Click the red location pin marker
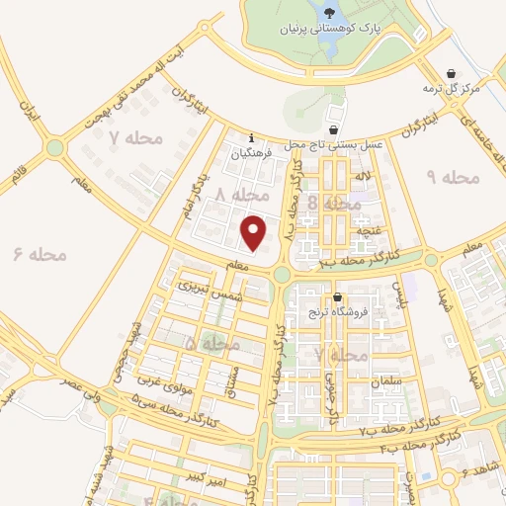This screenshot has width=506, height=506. [255, 232]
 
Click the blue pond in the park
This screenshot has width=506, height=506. [329, 12]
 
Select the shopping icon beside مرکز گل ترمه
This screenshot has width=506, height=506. [452, 74]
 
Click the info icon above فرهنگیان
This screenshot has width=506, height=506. [252, 137]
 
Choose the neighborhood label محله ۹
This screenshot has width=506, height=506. [452, 177]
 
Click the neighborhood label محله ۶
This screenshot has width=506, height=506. [41, 254]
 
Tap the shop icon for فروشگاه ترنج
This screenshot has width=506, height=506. [338, 297]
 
